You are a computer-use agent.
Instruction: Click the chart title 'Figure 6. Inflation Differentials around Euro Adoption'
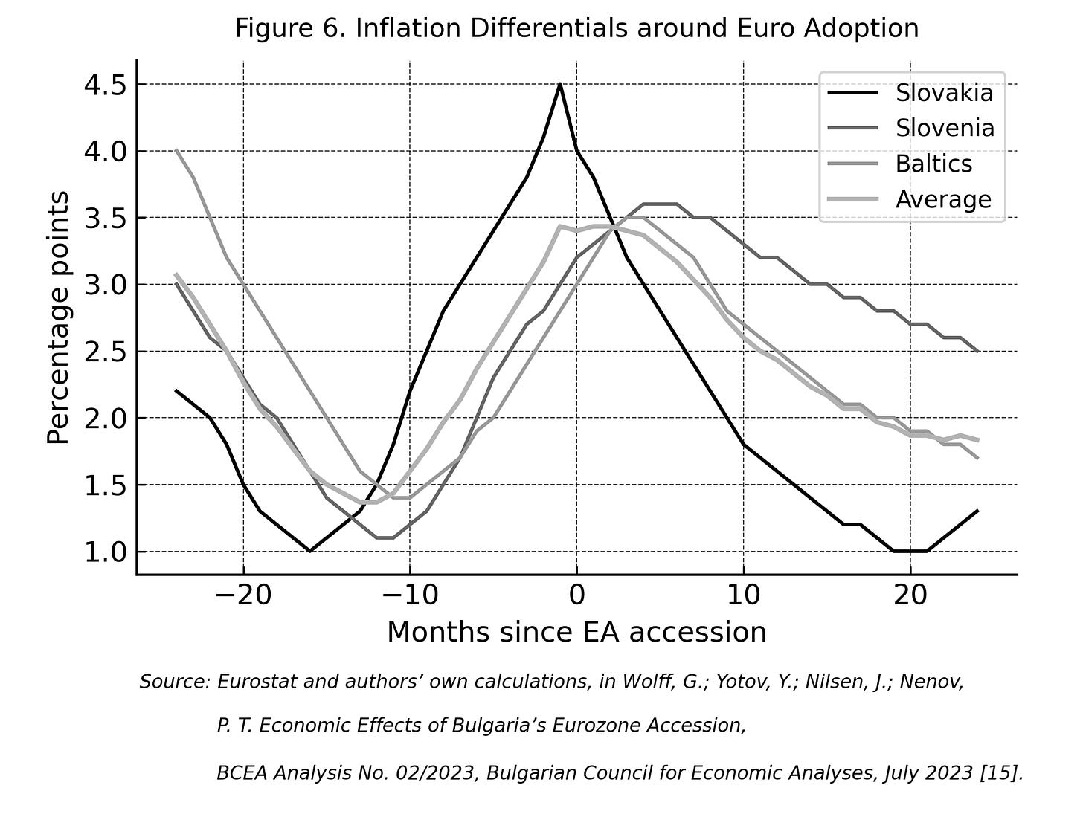(576, 28)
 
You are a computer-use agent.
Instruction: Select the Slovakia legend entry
(910, 93)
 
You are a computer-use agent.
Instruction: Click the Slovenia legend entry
(910, 128)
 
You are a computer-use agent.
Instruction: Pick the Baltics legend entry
(900, 164)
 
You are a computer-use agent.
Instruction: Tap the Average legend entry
(910, 199)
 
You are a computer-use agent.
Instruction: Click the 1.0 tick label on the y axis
(106, 552)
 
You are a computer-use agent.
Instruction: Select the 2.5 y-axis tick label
(106, 352)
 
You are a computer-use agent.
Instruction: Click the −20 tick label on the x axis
(243, 595)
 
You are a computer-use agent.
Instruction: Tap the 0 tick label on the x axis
(576, 595)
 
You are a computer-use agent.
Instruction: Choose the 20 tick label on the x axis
(910, 595)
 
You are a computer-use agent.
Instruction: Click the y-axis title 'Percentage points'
(58, 317)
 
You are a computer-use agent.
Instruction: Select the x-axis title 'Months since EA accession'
(576, 633)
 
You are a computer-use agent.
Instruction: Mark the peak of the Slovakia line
(559, 84)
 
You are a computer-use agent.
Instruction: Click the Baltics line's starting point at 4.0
(176, 150)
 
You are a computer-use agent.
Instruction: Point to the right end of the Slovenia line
(977, 352)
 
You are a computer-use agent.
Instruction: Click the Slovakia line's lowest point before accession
(310, 552)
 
